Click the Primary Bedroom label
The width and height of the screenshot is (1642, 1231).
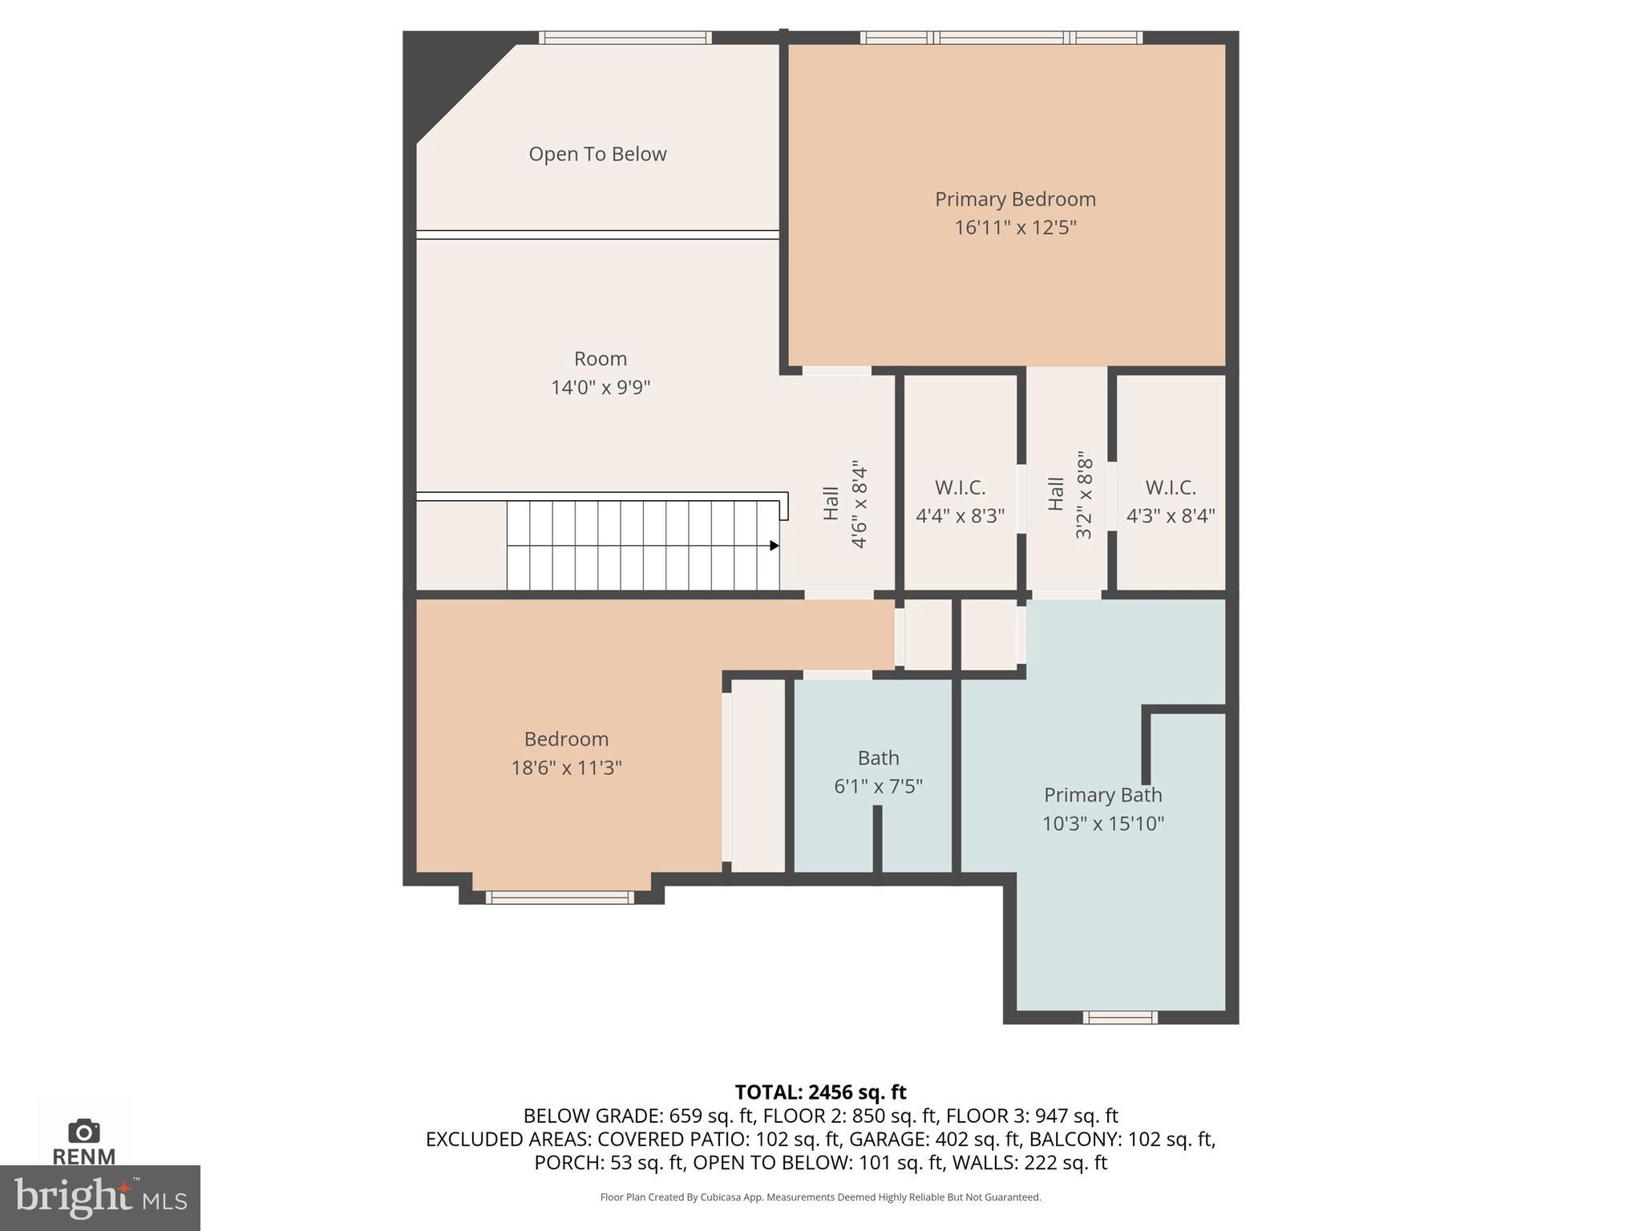click(1014, 199)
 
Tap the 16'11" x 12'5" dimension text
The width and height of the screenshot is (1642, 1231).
click(1014, 228)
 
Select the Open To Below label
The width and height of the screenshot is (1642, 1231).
click(597, 154)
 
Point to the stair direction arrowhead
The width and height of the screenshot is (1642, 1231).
click(774, 546)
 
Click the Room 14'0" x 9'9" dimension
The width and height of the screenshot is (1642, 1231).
click(600, 388)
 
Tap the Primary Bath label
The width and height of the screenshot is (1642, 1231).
click(1102, 795)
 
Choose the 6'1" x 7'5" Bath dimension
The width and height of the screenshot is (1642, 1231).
click(878, 786)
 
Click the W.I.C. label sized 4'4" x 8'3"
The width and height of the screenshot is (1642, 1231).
click(960, 487)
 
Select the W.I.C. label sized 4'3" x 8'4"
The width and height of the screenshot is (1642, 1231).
click(1171, 487)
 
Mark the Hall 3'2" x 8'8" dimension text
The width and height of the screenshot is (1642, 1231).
click(1084, 494)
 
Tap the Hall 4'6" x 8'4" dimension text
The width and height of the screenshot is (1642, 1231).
click(859, 504)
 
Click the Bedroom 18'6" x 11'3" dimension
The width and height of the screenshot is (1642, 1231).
click(566, 768)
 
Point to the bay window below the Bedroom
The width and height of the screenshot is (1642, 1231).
click(560, 898)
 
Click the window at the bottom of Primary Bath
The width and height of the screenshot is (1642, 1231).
click(1119, 1018)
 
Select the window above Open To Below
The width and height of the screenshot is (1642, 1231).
click(625, 37)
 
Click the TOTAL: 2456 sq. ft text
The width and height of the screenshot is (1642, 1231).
click(820, 1092)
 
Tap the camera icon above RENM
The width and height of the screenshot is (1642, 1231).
click(83, 1132)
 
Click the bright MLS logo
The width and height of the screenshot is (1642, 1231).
click(99, 1197)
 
